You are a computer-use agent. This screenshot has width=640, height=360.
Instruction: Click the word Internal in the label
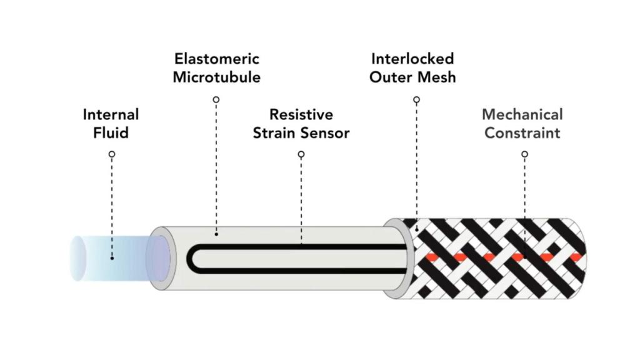tap(111, 115)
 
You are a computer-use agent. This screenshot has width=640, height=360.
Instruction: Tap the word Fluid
tap(111, 132)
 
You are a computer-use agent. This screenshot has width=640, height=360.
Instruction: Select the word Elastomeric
tap(216, 59)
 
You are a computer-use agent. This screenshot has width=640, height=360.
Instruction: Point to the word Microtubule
tap(216, 77)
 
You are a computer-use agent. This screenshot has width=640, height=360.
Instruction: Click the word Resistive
tap(301, 115)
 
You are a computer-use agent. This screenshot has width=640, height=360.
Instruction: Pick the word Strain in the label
tap(278, 132)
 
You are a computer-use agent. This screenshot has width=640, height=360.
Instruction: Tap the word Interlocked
tap(412, 59)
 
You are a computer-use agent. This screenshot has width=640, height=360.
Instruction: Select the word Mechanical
tap(522, 115)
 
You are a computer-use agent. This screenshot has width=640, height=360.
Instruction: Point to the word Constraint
tap(522, 132)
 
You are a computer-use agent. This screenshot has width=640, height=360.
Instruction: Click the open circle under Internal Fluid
tap(112, 154)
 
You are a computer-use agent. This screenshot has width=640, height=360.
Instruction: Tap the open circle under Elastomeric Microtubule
tap(216, 99)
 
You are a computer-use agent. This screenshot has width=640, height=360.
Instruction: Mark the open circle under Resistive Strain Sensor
tap(301, 154)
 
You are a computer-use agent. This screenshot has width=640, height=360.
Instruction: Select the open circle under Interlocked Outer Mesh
tap(417, 99)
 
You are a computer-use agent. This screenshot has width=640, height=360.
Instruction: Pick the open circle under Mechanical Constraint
tap(524, 154)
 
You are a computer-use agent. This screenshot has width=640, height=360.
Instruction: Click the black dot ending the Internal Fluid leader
tap(112, 257)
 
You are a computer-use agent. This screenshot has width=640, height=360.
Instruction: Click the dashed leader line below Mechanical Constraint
tap(524, 194)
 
